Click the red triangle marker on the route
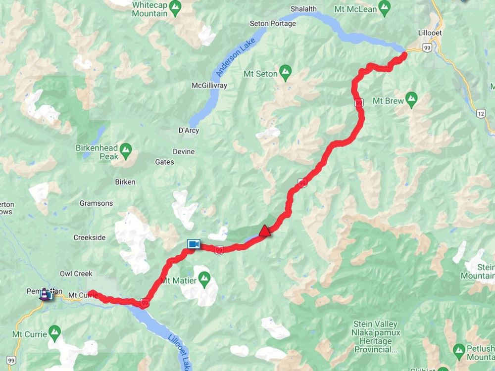tap(265, 231)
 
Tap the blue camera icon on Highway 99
tap(193, 244)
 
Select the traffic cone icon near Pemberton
tap(45, 294)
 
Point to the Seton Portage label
tap(273, 23)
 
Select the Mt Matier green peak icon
tap(204, 281)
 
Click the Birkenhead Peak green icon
tap(126, 148)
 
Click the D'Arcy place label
tap(189, 131)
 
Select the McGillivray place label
tap(209, 86)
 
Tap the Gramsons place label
tap(96, 203)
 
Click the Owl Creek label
tap(76, 274)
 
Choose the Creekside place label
tap(90, 237)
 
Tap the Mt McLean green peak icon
tap(384, 8)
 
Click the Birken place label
tap(125, 182)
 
